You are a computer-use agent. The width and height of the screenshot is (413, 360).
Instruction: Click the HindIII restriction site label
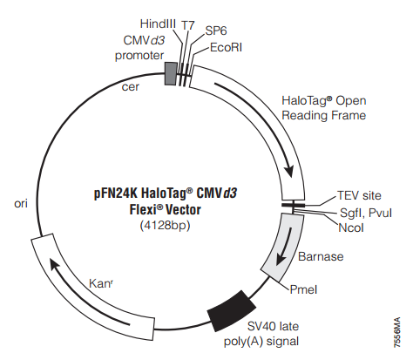click(x=158, y=24)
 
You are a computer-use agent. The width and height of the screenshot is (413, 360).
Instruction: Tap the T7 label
click(x=187, y=25)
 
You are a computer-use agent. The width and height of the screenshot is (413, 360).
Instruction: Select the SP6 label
click(x=216, y=31)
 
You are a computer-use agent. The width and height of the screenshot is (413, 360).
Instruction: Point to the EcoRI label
click(x=226, y=48)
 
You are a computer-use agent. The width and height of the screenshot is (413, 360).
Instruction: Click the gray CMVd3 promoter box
click(x=171, y=74)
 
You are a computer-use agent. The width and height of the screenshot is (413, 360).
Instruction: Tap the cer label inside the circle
click(x=131, y=87)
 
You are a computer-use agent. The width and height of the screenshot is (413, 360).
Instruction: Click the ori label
click(x=21, y=204)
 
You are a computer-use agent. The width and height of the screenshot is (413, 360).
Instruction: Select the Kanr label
click(x=100, y=283)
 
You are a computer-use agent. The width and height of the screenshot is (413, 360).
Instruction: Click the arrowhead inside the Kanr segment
click(x=55, y=266)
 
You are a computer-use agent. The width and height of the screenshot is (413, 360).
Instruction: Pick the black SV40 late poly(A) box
click(x=232, y=311)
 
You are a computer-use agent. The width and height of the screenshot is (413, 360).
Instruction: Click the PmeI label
click(x=303, y=289)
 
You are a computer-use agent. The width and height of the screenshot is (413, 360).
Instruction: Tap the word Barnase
click(x=321, y=256)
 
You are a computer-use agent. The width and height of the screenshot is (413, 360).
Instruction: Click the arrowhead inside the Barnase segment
click(x=281, y=258)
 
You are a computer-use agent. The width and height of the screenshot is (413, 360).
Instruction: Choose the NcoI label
click(x=351, y=228)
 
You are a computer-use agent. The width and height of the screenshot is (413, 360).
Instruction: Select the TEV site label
click(x=359, y=195)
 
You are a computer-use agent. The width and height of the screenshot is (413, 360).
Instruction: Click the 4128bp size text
click(x=165, y=226)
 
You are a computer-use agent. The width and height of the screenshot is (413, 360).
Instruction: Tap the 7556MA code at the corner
click(x=397, y=332)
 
